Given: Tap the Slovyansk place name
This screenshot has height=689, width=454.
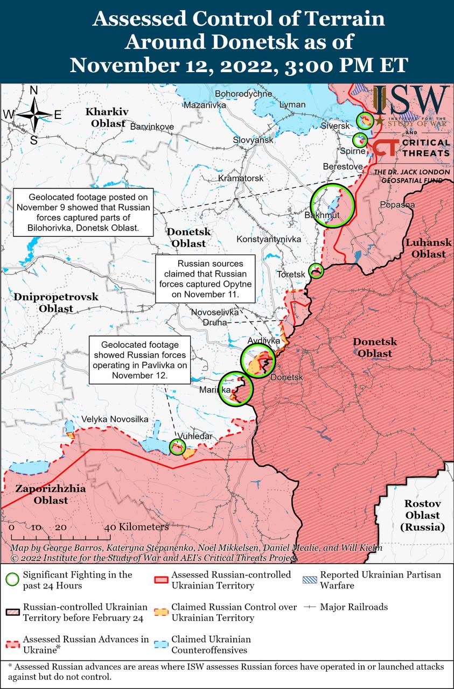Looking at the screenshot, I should [x=253, y=140].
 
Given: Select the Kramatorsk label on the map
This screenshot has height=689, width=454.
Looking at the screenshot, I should [x=241, y=178].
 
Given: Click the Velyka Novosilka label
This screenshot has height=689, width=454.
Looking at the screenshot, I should [x=115, y=419].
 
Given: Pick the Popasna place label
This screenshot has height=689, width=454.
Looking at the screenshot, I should [x=397, y=205].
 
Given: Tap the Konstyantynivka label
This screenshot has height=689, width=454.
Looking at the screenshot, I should [x=269, y=238].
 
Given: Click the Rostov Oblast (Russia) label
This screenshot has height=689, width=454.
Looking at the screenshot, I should [x=423, y=515].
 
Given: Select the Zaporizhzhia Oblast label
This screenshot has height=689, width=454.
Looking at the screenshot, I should [x=42, y=495].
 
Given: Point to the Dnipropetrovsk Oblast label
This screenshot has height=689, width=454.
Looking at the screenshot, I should [x=56, y=303].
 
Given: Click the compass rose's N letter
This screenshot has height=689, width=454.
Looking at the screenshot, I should [x=33, y=90].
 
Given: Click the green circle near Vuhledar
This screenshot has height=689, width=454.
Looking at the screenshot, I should [x=177, y=446].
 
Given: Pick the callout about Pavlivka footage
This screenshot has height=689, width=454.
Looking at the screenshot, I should [x=139, y=360].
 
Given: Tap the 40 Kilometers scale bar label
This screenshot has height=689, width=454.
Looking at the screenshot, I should [x=139, y=527].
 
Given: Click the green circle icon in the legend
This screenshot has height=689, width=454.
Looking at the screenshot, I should [x=12, y=580].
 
